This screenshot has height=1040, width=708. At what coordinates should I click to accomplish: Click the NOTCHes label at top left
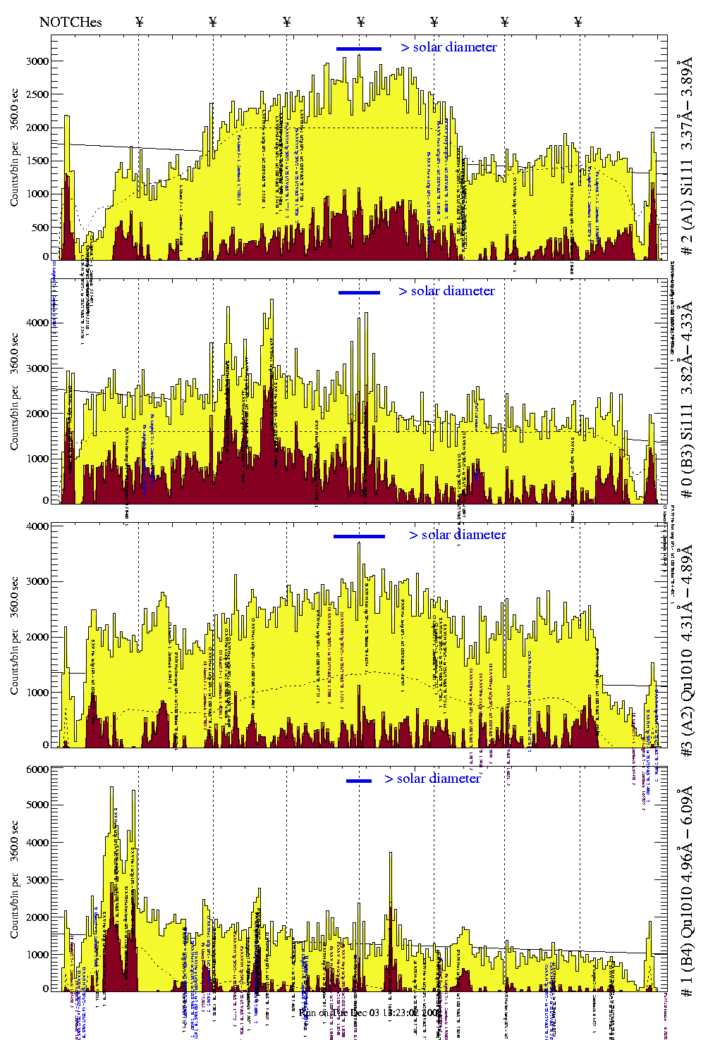pyautogui.click(x=71, y=22)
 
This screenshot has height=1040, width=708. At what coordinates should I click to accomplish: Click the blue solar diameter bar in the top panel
pyautogui.click(x=359, y=49)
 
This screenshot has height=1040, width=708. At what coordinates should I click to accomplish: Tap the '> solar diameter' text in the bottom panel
pyautogui.click(x=432, y=779)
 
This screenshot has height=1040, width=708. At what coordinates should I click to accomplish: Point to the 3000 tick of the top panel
pyautogui.click(x=37, y=61)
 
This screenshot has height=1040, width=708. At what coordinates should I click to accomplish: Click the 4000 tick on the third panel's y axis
pyautogui.click(x=37, y=526)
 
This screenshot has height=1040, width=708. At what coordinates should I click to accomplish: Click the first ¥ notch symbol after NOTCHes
pyautogui.click(x=139, y=22)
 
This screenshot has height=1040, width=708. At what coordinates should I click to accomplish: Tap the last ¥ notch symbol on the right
pyautogui.click(x=578, y=22)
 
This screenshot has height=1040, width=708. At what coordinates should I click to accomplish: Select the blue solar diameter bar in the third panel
pyautogui.click(x=359, y=536)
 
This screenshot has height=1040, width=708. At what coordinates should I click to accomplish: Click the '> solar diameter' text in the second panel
pyautogui.click(x=446, y=291)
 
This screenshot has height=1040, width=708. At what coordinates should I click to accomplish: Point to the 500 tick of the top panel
pyautogui.click(x=40, y=228)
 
